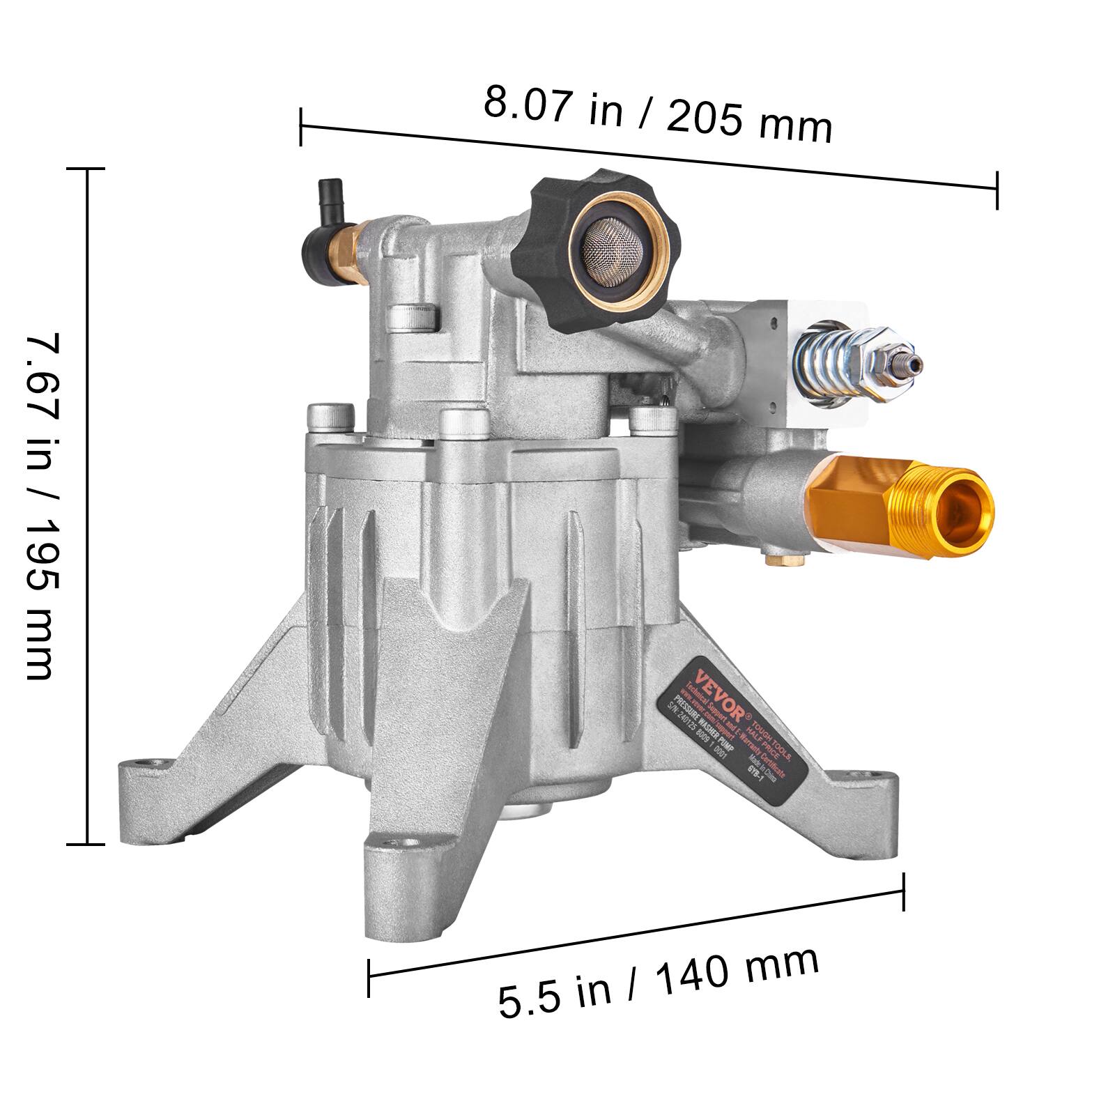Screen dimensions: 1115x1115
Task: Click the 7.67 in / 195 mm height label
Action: click(43, 507)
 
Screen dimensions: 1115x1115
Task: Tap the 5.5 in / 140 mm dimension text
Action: click(659, 983)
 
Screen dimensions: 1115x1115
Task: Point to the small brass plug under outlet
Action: click(773, 558)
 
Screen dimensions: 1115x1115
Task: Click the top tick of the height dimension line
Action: click(86, 169)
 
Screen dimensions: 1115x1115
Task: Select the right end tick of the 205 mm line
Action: click(997, 190)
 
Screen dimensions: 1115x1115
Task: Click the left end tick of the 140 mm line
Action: click(369, 977)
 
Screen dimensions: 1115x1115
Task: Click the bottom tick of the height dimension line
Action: click(86, 845)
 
